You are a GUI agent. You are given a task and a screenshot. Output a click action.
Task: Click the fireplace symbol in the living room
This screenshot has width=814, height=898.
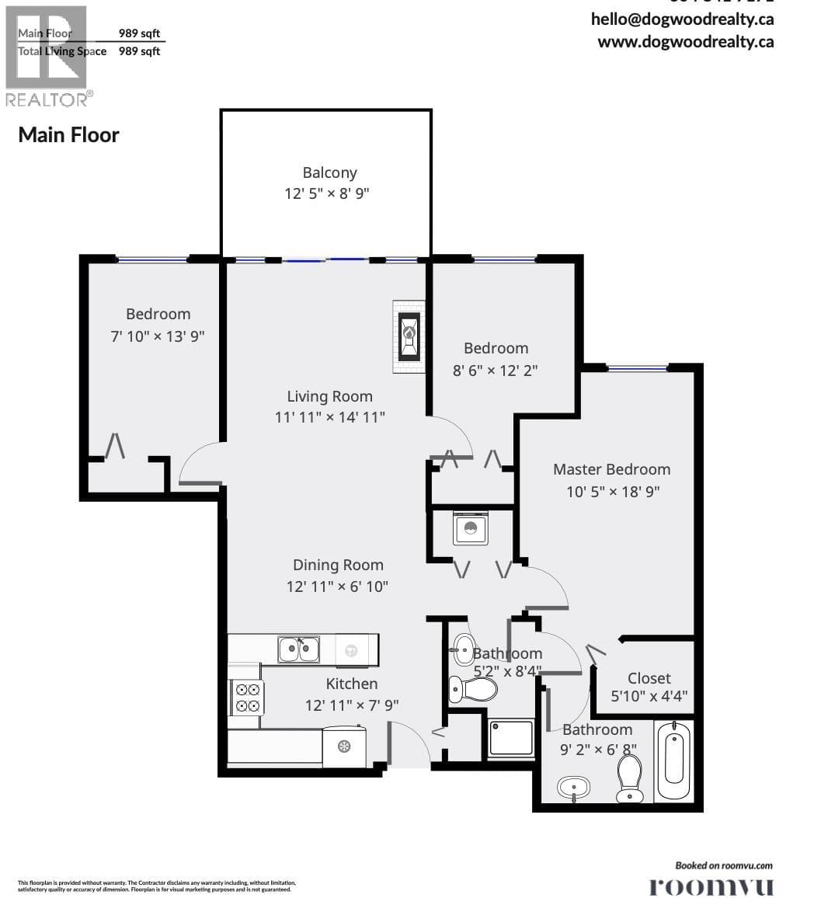coord(409,336)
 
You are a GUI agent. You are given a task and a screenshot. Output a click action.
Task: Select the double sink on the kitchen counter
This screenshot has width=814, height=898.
coord(298,649)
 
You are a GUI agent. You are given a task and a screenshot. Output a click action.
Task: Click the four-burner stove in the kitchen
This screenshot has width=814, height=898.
coord(248,697)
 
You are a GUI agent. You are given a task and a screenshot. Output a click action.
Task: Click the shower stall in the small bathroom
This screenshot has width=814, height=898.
coord(511,737)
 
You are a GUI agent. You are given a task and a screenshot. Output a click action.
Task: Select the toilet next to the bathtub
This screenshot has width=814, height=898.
coord(629,778)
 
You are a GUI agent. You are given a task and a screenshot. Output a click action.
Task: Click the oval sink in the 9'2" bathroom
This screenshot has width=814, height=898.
coord(574,788)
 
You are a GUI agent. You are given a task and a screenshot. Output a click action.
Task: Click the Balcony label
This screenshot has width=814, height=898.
coord(329,172)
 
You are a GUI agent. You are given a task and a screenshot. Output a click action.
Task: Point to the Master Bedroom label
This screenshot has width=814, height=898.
coord(611,469)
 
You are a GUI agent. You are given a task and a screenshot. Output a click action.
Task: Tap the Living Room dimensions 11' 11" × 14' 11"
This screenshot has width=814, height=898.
coord(329,417)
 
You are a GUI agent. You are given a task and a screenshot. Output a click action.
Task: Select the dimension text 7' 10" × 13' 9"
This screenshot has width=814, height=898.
coord(158,336)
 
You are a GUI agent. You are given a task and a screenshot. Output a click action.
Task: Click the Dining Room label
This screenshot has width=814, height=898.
coord(338,565)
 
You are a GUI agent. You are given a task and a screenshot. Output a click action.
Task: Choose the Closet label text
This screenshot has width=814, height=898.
coord(649,677)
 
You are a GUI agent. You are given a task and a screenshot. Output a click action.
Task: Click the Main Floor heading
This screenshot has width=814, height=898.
coord(68,134)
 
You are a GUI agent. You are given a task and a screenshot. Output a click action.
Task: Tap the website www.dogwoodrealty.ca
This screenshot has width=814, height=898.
coord(685,42)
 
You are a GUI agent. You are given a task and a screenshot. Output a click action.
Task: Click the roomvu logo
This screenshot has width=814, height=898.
coord(711,886)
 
